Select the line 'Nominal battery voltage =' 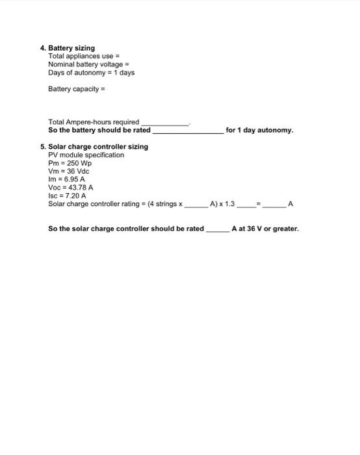88,64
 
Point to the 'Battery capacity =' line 76,88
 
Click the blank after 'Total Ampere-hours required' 165,122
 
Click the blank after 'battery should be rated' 188,131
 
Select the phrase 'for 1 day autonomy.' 259,130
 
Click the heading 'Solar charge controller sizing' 98,147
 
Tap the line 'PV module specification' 86,155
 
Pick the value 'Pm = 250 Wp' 70,163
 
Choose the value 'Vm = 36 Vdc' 69,171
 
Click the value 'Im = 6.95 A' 67,179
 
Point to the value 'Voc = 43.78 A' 71,187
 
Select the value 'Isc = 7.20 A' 68,196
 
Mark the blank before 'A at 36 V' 218,229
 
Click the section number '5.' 43,147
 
